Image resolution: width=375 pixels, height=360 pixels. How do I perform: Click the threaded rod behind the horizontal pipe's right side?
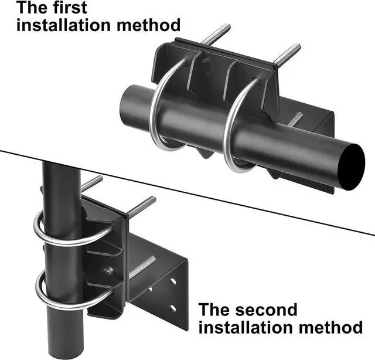point(295,120)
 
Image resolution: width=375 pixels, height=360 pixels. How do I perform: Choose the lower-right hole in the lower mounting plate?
point(173,307)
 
